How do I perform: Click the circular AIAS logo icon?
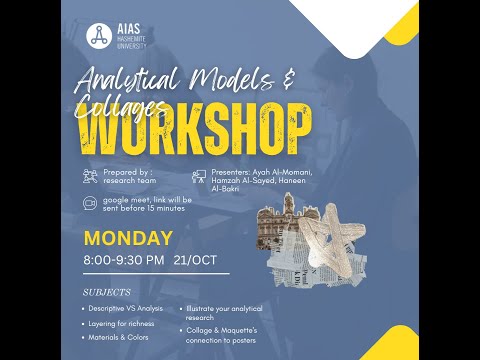click(x=98, y=36)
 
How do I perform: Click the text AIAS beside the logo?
click(x=126, y=30)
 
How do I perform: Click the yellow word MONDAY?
click(x=128, y=239)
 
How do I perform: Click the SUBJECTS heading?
click(x=109, y=292)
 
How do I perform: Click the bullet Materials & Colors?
click(x=115, y=338)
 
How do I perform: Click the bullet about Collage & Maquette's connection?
click(x=227, y=334)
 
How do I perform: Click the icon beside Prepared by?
click(x=91, y=176)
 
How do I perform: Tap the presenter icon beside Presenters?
click(x=199, y=175)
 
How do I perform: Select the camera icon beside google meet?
click(x=91, y=203)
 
